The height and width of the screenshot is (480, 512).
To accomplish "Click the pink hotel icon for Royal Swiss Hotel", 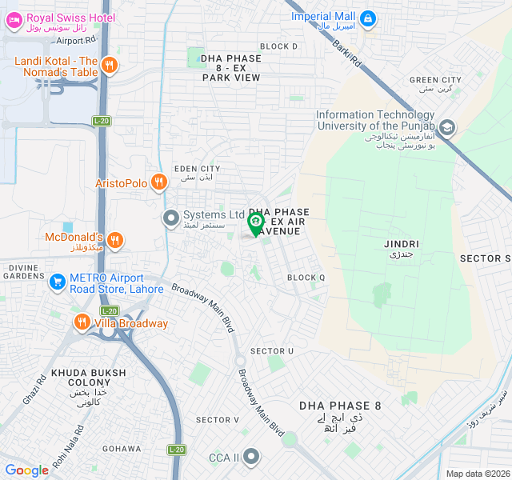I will (13, 22).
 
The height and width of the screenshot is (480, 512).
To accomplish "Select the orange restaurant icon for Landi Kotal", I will (110, 66).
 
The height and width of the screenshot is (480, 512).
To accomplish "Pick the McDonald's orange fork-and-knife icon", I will (115, 239).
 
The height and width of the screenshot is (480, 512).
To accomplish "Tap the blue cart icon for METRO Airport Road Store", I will (57, 282).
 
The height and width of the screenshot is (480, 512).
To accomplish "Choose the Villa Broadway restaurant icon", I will (82, 323).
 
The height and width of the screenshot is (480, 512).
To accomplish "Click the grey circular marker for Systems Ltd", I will (170, 218).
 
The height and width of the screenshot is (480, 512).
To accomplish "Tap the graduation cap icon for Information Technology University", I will (446, 127).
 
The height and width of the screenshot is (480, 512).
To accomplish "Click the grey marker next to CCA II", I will (251, 457).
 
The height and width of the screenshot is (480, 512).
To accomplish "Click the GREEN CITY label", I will (435, 80).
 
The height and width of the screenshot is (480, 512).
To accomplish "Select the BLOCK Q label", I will (306, 278).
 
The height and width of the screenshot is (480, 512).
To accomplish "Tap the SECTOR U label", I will (272, 351).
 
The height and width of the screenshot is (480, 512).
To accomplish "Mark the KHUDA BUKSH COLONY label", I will (88, 378).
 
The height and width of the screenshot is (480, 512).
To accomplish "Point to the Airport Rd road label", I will (76, 39).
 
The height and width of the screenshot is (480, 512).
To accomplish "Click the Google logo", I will (26, 470).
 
